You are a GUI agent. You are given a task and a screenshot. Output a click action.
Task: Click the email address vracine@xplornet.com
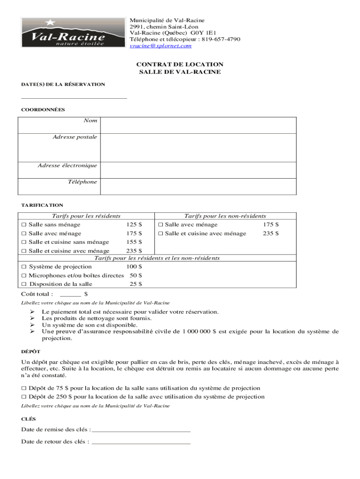[x=160, y=46]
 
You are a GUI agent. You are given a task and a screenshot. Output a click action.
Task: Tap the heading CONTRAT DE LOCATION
[x=180, y=65]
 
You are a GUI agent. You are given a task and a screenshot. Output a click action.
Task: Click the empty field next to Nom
[x=198, y=125]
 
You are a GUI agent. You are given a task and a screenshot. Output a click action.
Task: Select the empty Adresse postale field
[x=198, y=147]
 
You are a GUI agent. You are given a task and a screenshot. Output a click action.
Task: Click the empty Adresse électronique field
[x=198, y=170]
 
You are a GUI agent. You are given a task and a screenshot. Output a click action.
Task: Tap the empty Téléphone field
[x=198, y=186]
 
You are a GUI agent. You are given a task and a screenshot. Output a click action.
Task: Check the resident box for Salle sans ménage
[x=23, y=225]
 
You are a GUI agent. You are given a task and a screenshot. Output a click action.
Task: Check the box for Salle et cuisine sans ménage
[x=23, y=242]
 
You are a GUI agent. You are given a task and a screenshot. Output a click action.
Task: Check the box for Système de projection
[x=23, y=267]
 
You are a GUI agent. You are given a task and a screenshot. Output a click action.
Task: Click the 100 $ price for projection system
[x=134, y=267]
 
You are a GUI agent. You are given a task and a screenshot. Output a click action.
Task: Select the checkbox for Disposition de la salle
[x=23, y=284]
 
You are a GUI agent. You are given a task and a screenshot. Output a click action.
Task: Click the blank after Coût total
[x=71, y=295]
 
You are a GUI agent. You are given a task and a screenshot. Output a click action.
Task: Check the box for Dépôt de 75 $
[x=23, y=388]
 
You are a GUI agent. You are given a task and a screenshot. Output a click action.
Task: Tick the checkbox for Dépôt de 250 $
[x=23, y=397]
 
